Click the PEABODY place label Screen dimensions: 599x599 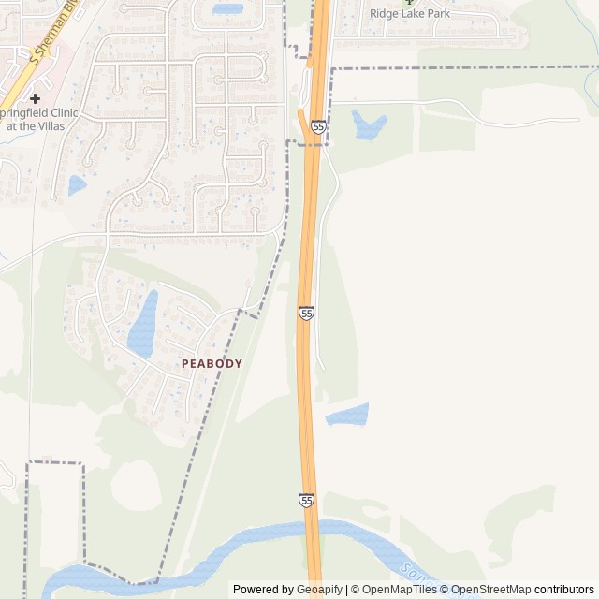pos(212,363)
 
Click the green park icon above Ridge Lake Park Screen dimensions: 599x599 pos(408,2)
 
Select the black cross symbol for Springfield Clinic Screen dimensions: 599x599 pos(35,98)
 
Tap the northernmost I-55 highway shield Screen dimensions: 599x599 pos(319,125)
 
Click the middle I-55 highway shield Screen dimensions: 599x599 pos(306,313)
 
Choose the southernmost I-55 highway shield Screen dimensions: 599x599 pos(307,501)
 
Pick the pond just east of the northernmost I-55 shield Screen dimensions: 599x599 pos(368,124)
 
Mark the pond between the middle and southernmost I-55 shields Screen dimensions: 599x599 pos(348,415)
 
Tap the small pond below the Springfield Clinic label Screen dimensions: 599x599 pos(77,185)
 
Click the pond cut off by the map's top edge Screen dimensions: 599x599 pos(227,8)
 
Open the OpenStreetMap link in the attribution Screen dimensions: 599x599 pos(489,590)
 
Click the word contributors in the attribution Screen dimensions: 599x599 pos(564,590)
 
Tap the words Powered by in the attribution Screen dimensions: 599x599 pos(263,590)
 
